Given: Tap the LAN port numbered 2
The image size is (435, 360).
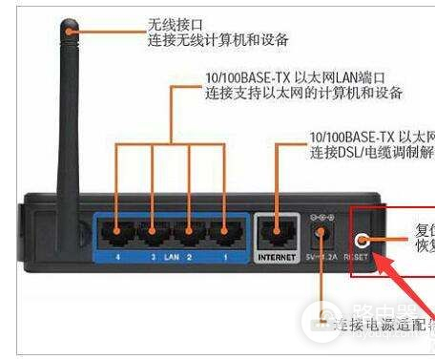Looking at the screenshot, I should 188,231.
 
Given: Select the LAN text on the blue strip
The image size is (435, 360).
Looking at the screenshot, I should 172,257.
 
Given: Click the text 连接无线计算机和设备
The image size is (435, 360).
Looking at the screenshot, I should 217,41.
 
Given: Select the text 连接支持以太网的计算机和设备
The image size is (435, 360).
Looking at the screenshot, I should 302,94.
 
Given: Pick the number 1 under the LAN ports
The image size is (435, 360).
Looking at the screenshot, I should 224,257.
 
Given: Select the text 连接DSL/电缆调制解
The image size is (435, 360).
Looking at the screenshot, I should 372,154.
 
